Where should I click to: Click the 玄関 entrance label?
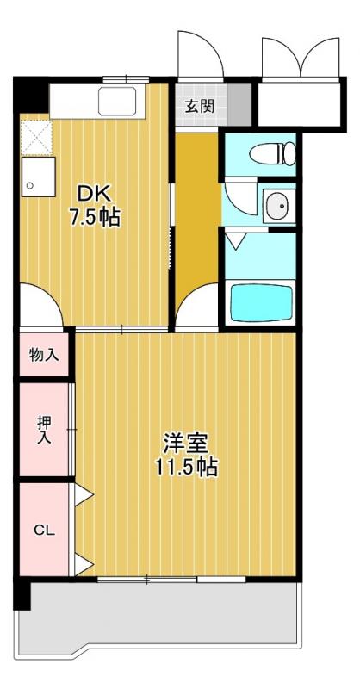199,108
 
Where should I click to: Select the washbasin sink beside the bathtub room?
276,207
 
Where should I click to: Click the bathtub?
262,301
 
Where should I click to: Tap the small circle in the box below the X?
29,184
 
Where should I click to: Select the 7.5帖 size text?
94,217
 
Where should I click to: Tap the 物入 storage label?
44,354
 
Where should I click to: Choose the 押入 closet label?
44,429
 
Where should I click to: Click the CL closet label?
44,531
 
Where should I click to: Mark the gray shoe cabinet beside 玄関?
241,106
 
